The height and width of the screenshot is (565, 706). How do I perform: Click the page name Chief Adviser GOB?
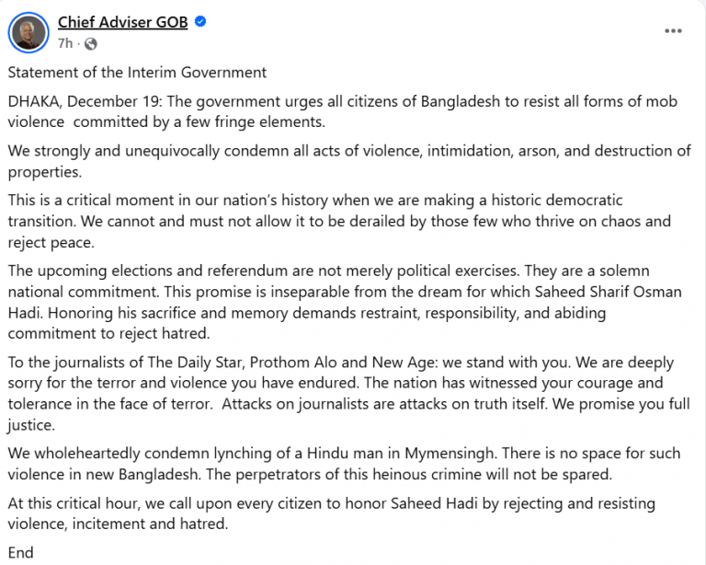coord(122,22)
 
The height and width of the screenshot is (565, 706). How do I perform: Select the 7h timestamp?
coord(65,42)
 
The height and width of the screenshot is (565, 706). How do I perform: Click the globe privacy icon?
coord(90,42)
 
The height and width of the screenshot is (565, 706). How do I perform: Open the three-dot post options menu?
coord(674,30)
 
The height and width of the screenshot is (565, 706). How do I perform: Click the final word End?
coord(20,553)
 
